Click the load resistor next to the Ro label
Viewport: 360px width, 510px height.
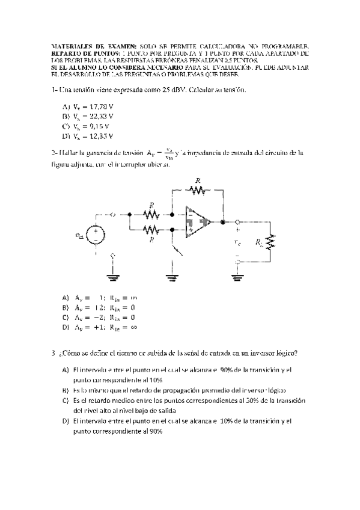pos(270,241)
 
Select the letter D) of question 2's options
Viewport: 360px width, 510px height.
pos(66,327)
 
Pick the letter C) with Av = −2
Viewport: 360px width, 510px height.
pos(66,317)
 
